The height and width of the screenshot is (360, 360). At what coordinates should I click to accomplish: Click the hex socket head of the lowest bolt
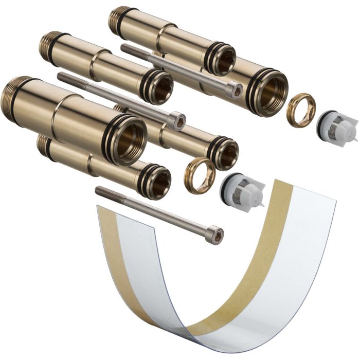tap(217, 236)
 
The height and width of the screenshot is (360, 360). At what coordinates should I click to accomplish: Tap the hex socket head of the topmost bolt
tap(235, 91)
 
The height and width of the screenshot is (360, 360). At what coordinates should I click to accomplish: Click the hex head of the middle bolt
tap(176, 121)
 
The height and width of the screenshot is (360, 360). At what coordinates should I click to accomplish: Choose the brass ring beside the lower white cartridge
tap(200, 175)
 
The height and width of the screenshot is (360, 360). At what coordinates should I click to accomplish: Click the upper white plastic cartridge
tap(337, 127)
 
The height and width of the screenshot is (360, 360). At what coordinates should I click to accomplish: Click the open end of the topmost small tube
tap(222, 59)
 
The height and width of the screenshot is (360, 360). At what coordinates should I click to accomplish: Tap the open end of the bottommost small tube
tap(158, 183)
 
